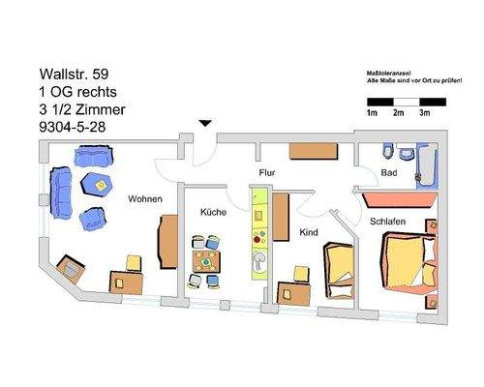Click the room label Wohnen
pyautogui.click(x=145, y=199)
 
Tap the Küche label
pyautogui.click(x=213, y=212)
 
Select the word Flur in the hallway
pyautogui.click(x=269, y=174)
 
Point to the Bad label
pyautogui.click(x=389, y=173)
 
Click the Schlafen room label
pyautogui.click(x=386, y=222)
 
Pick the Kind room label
pyautogui.click(x=310, y=233)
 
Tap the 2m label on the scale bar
pyautogui.click(x=398, y=113)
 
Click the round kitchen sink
pyautogui.click(x=258, y=259)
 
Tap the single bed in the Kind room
pyautogui.click(x=340, y=272)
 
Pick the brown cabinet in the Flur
pyautogui.click(x=311, y=151)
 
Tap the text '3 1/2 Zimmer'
pyautogui.click(x=82, y=109)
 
